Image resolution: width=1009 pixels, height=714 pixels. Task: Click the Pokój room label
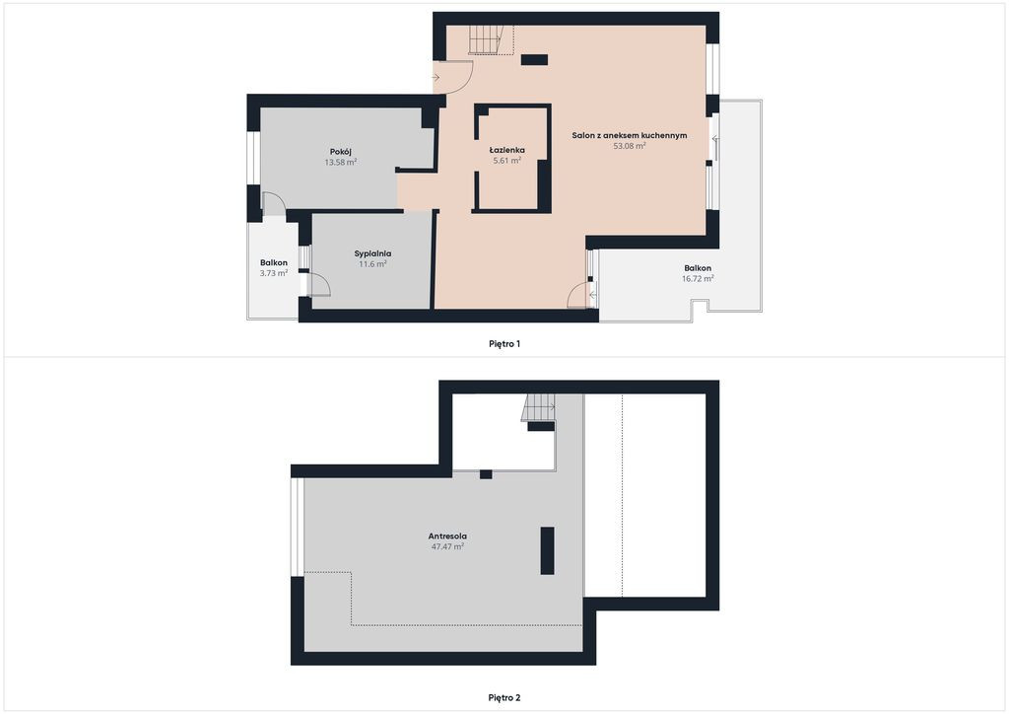coord(340,152)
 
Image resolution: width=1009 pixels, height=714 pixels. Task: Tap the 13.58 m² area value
coord(340,163)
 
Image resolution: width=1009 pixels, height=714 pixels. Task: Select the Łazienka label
coord(507,150)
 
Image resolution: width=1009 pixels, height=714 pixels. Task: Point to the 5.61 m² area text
coord(507,161)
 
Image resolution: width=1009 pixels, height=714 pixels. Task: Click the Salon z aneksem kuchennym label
coord(630,135)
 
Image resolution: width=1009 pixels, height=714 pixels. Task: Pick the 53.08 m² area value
coord(630,146)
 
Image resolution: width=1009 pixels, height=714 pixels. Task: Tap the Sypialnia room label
coord(372,253)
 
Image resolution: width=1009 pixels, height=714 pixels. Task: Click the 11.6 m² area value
coord(372,264)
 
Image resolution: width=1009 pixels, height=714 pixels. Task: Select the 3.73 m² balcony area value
coord(274,273)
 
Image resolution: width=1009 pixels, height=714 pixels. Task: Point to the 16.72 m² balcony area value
coord(698,278)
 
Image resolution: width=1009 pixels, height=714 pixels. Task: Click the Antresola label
coord(447,535)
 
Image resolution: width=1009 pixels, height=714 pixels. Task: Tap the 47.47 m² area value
coord(447,546)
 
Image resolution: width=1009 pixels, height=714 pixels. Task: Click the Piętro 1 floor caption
coord(504,344)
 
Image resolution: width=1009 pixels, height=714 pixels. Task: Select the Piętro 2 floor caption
coord(504,697)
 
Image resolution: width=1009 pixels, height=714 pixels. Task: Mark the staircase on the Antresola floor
coord(538,407)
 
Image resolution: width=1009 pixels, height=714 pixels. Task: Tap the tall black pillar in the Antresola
coord(547,550)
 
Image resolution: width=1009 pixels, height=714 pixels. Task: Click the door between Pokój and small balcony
coord(274,203)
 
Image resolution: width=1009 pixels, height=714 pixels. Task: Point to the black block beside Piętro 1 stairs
coord(534,60)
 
